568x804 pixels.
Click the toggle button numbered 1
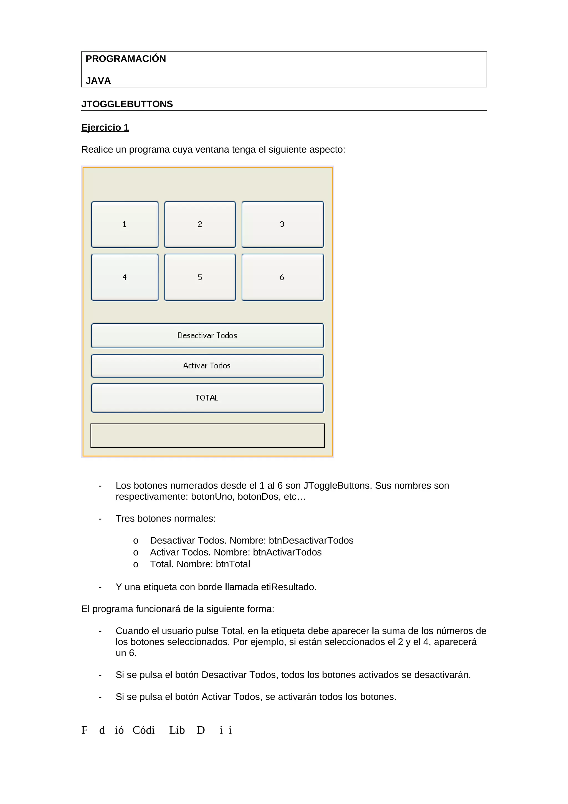(x=125, y=224)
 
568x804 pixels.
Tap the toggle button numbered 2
(x=200, y=224)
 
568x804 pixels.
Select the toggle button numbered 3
(x=282, y=224)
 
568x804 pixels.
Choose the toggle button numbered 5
(x=200, y=277)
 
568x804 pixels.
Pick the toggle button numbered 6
(x=282, y=277)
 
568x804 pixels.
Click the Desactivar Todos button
(x=207, y=335)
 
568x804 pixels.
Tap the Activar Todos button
(x=207, y=366)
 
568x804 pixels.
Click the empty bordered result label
(x=207, y=436)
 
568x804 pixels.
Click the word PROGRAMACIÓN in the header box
(x=126, y=59)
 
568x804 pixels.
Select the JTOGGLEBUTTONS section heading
(x=127, y=104)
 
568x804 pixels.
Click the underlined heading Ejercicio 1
(x=105, y=127)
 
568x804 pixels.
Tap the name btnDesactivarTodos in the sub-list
(x=311, y=540)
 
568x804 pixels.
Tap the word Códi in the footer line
(x=143, y=730)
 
